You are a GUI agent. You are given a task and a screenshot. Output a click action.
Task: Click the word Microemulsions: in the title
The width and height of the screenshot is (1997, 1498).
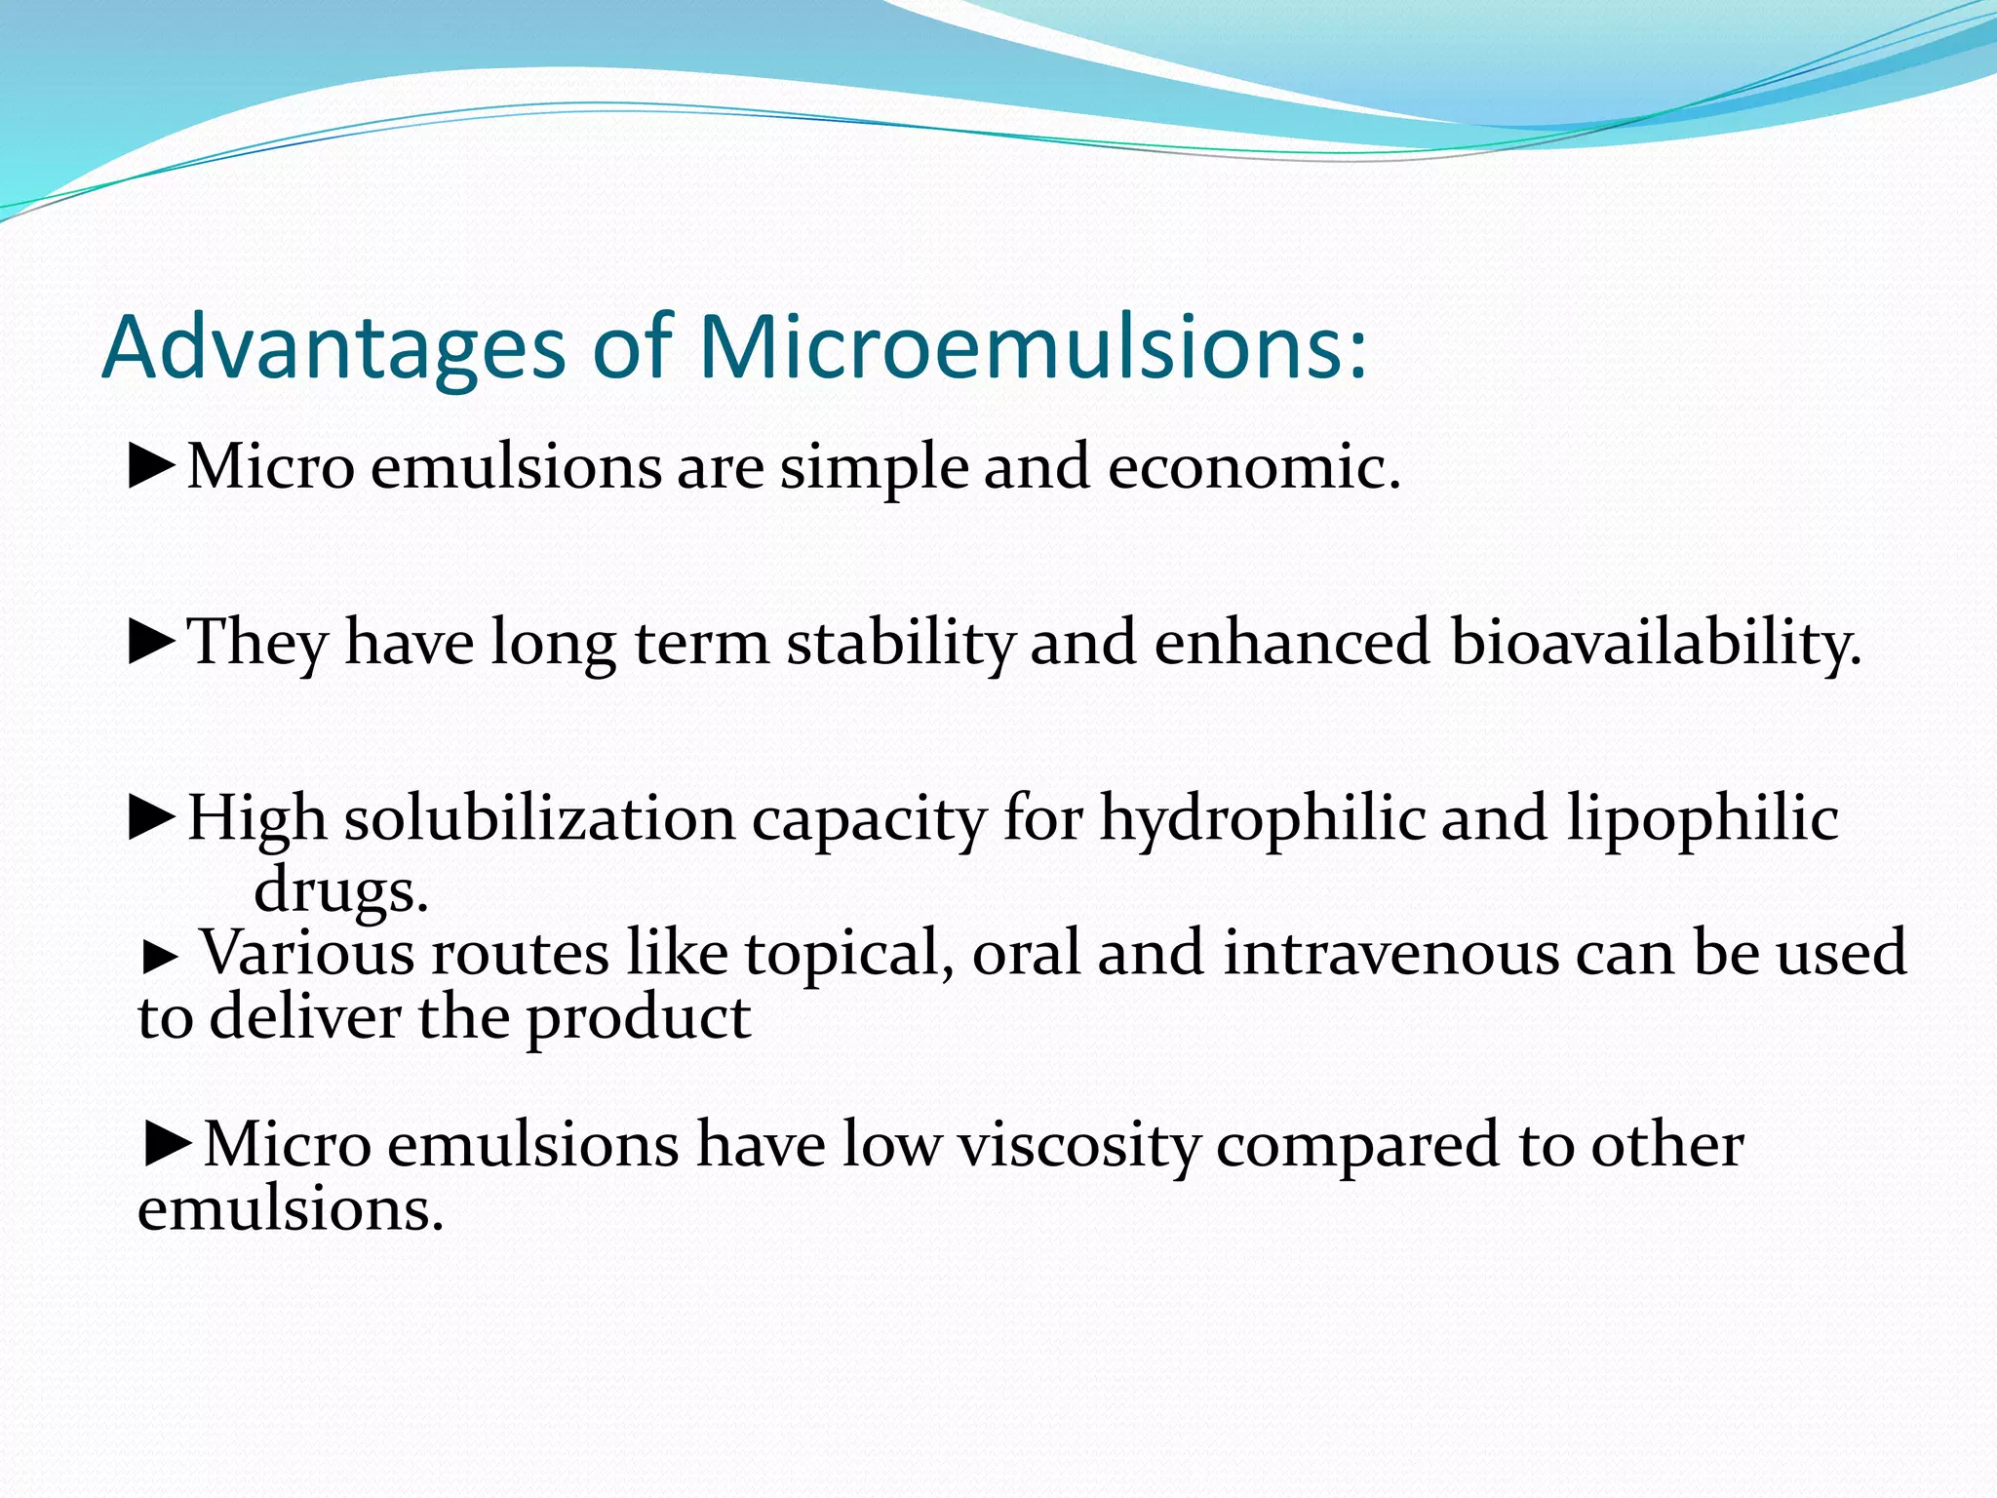pos(1032,349)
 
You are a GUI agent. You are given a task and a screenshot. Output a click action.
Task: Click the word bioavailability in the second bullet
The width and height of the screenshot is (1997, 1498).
pos(1655,644)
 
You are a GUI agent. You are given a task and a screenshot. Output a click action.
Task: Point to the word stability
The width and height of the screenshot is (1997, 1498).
pos(901,644)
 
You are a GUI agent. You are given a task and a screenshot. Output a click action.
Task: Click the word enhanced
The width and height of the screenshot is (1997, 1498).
pos(1291,643)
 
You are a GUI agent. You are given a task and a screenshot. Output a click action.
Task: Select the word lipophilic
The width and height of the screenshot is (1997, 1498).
pos(1703,820)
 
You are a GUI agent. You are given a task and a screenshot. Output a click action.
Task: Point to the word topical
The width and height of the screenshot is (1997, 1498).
pos(848,954)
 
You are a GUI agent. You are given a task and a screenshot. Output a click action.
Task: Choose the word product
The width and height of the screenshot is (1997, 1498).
pos(639,1019)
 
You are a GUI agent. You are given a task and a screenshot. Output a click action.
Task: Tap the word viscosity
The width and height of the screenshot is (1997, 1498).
pos(1078,1146)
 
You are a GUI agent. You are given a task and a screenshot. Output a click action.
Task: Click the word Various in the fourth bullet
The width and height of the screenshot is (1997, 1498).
pos(307,953)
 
